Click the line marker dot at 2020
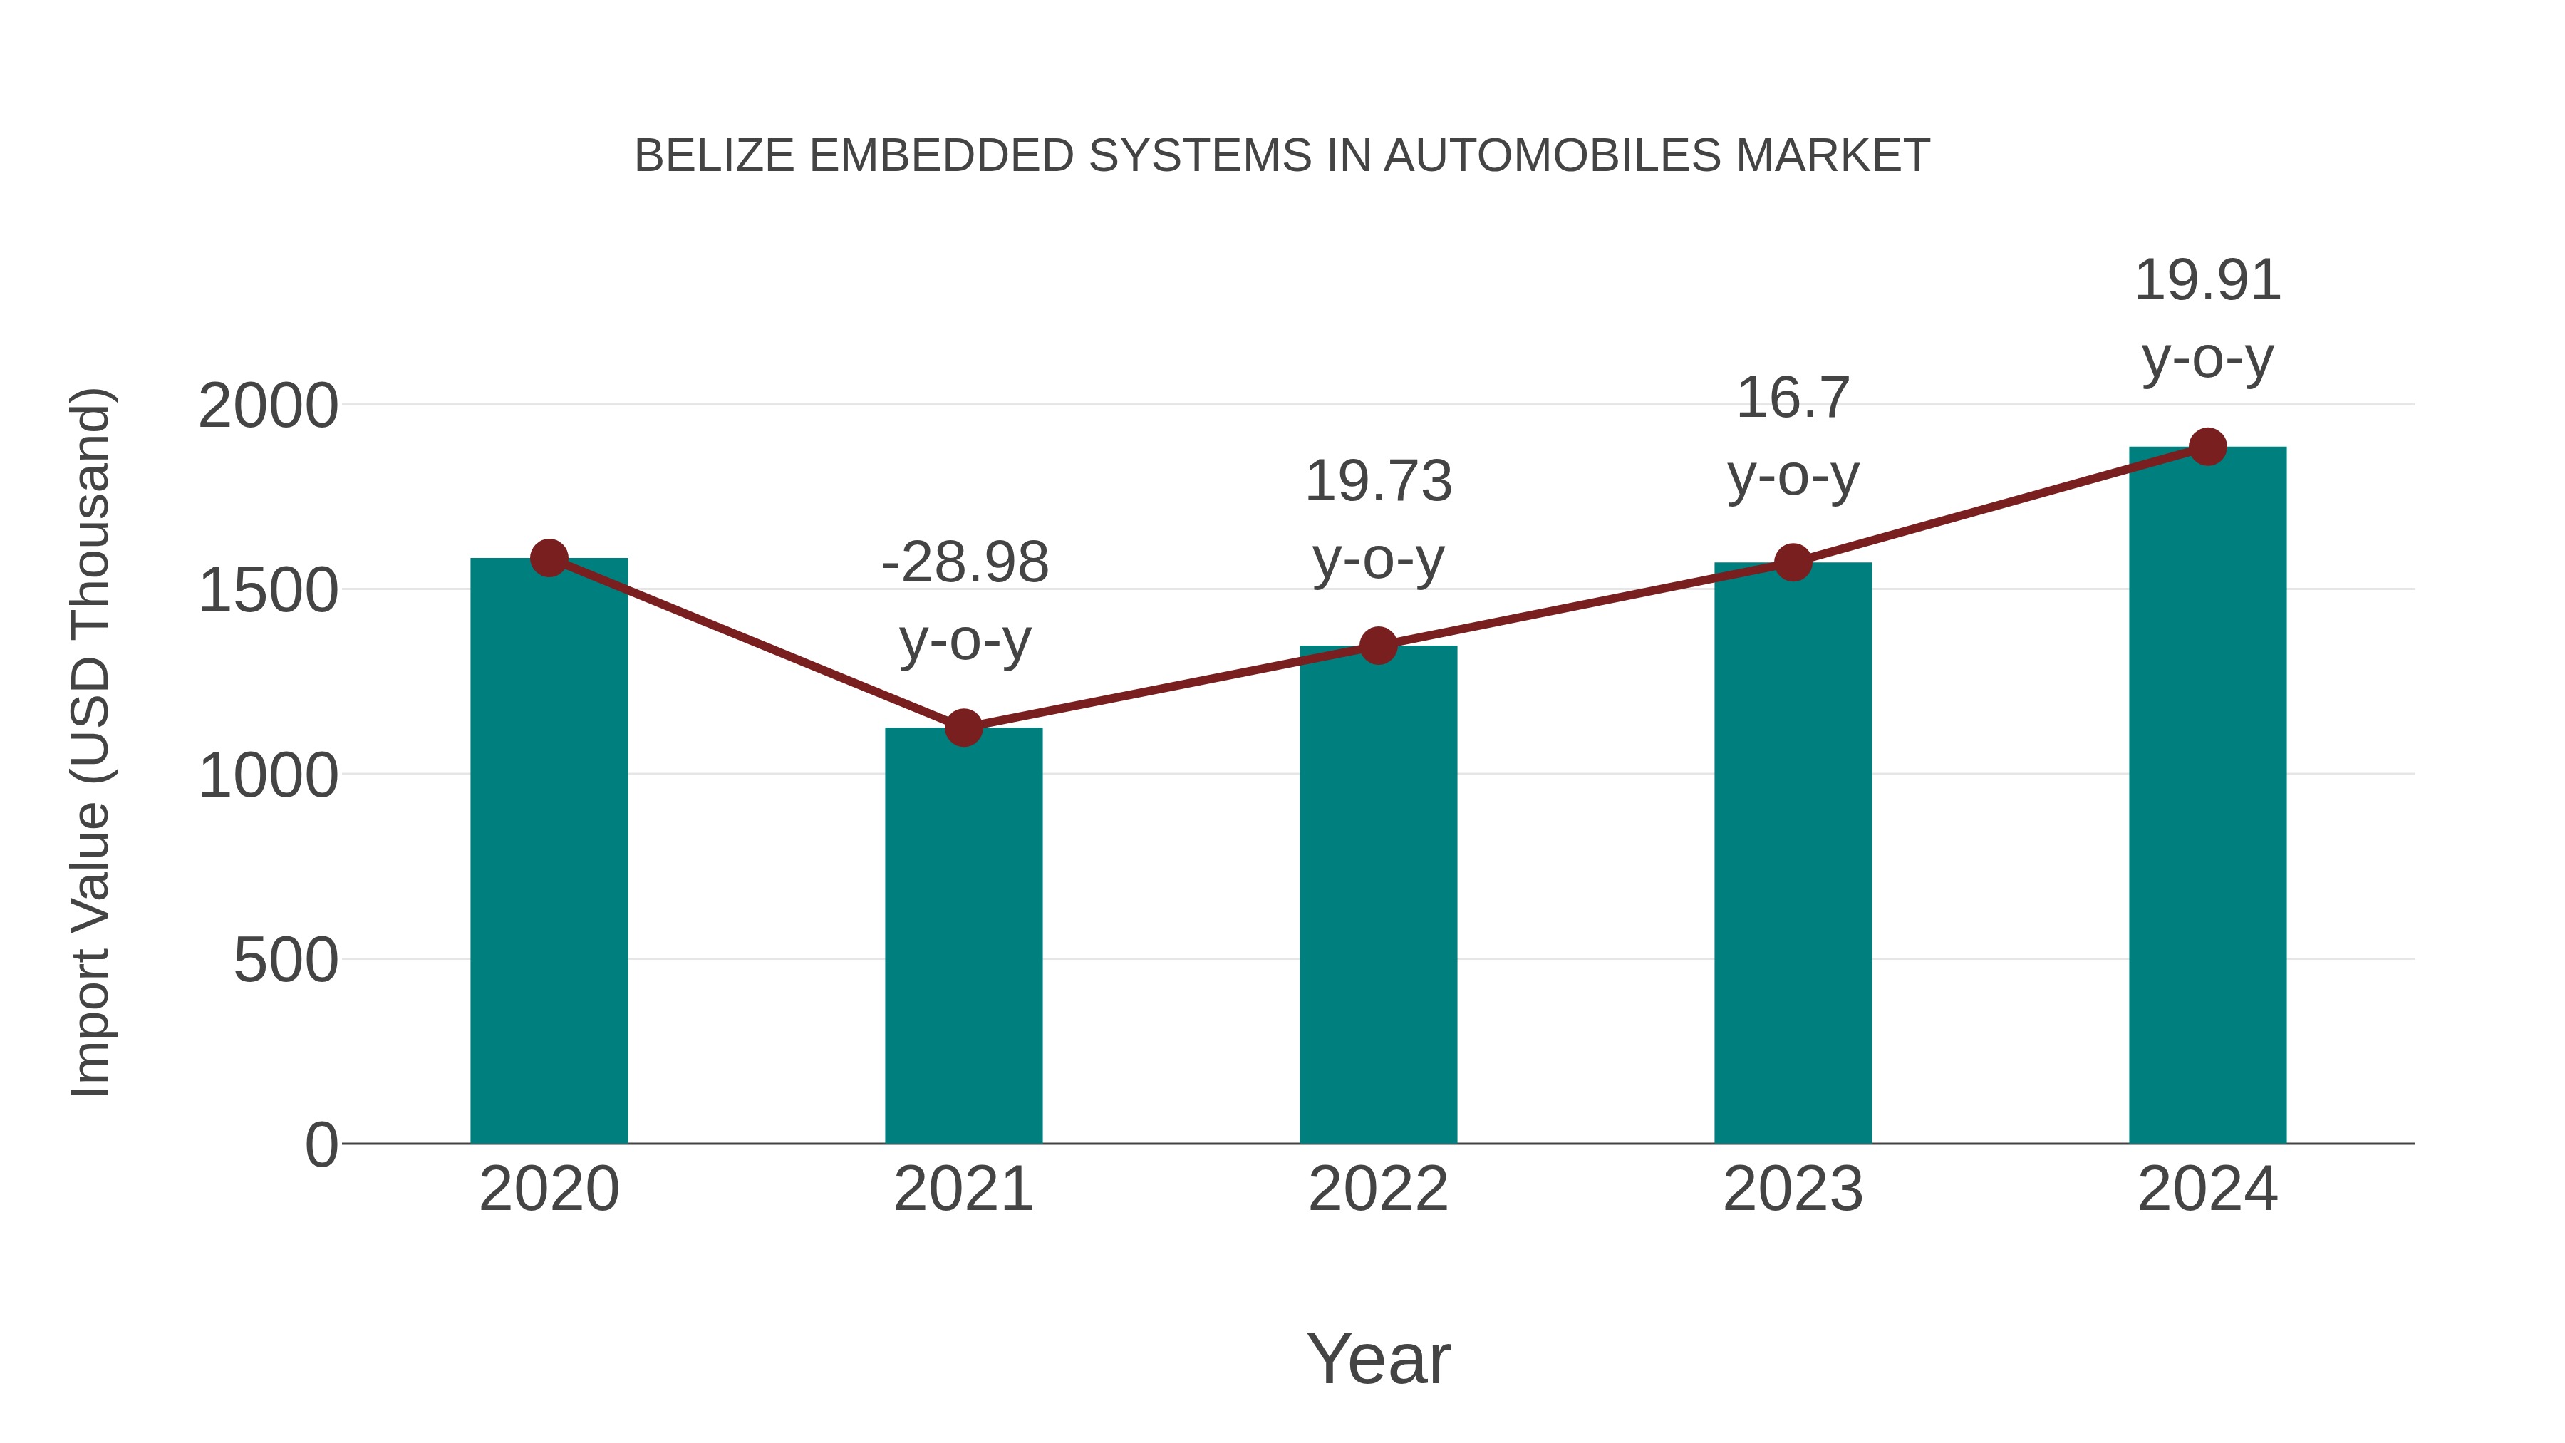pos(549,558)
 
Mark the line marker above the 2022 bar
pos(1378,646)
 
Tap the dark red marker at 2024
pos(2207,447)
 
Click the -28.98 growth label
pos(965,563)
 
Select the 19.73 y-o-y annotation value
pos(1378,481)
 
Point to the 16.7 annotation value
pos(1793,398)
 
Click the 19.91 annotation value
pos(2207,281)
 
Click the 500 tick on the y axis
pos(286,961)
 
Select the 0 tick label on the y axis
pos(321,1145)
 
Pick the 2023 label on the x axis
pos(1793,1189)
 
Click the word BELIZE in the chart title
pos(714,156)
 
